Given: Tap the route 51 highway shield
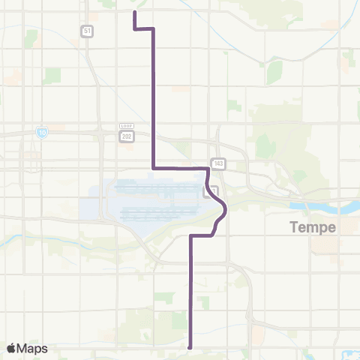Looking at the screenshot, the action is (x=88, y=31).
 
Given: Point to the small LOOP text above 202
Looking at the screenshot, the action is (x=125, y=126).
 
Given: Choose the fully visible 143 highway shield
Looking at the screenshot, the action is (x=218, y=162).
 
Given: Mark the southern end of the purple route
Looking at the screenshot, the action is (x=190, y=347).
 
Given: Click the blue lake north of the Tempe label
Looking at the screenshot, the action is (x=315, y=204).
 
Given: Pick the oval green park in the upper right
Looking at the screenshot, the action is (x=274, y=71).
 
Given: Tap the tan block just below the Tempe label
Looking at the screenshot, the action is (x=324, y=246).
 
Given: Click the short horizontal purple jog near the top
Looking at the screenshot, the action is (x=144, y=28).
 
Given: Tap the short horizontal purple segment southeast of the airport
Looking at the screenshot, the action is (x=201, y=235).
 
